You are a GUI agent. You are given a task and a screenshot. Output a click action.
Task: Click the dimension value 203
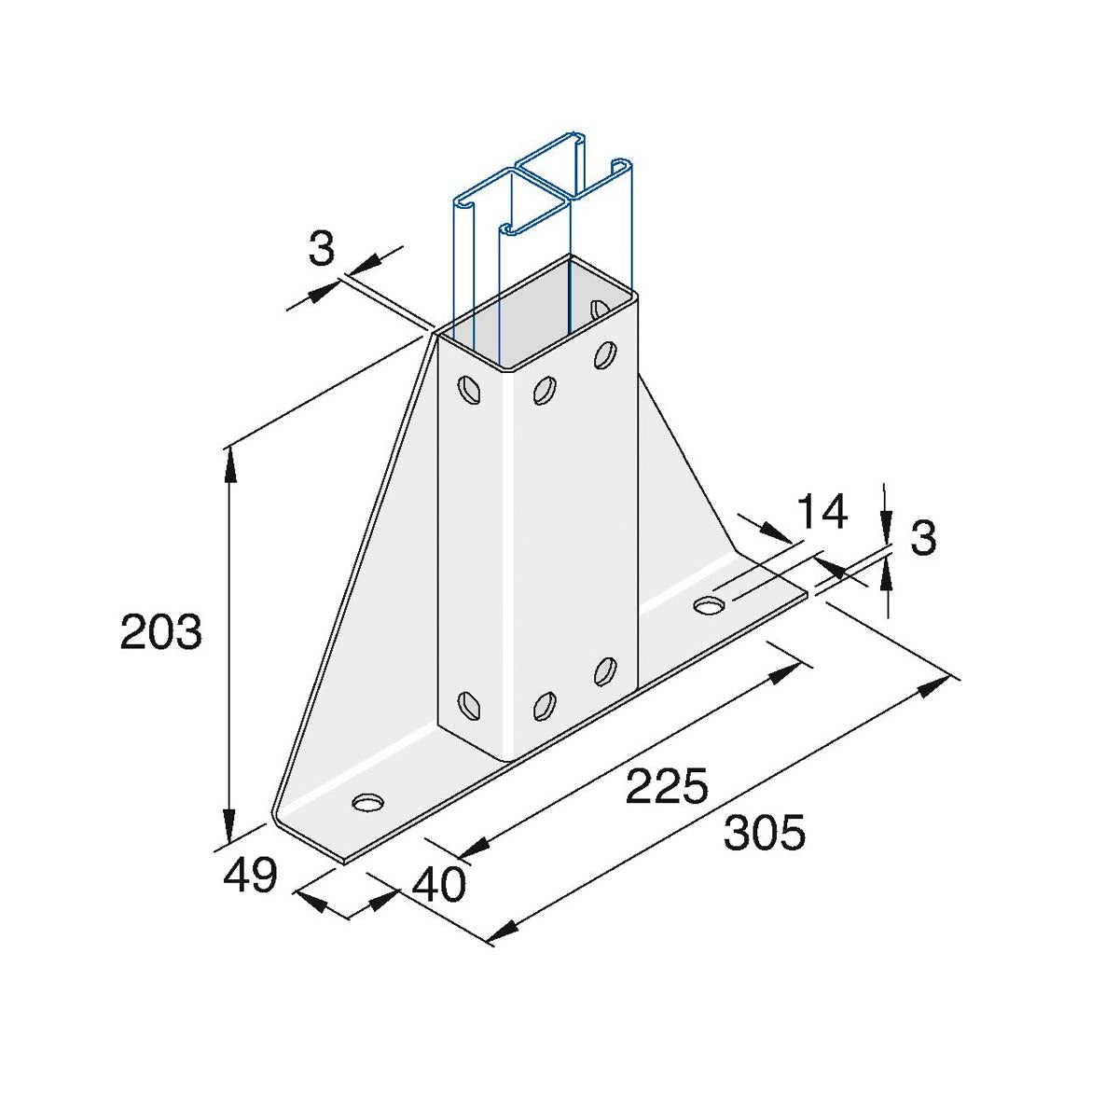click(x=160, y=632)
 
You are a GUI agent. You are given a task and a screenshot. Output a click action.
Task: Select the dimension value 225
click(x=667, y=786)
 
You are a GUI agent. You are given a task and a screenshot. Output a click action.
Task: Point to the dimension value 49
click(x=250, y=877)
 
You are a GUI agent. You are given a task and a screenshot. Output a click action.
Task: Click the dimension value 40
click(x=438, y=885)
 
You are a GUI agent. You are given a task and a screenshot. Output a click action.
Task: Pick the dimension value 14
click(x=822, y=512)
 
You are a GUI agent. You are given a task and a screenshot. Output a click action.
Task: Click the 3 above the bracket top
click(x=321, y=249)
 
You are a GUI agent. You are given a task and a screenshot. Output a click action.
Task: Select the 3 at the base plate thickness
click(x=923, y=537)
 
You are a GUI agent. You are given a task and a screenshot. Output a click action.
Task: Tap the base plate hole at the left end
click(x=368, y=803)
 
